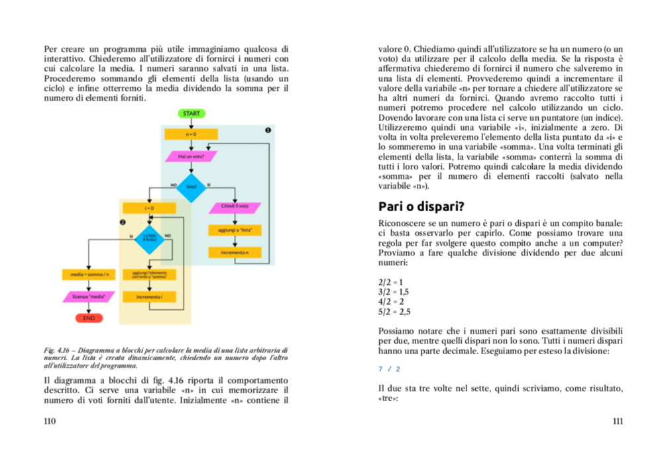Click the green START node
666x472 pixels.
point(191,113)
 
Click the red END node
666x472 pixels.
point(88,318)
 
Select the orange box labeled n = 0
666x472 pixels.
point(191,134)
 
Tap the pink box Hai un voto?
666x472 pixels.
point(191,156)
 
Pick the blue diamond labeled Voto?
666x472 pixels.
point(192,186)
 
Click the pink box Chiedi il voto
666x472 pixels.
point(235,207)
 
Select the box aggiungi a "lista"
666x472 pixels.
point(235,230)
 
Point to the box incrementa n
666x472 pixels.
point(235,253)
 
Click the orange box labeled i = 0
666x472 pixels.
point(149,208)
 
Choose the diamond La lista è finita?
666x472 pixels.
point(149,238)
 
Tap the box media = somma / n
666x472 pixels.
point(88,274)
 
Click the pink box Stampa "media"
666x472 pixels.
point(88,297)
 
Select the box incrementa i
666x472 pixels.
point(149,297)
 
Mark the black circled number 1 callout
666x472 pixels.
point(268,130)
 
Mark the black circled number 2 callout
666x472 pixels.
point(123,222)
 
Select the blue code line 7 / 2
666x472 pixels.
point(389,369)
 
